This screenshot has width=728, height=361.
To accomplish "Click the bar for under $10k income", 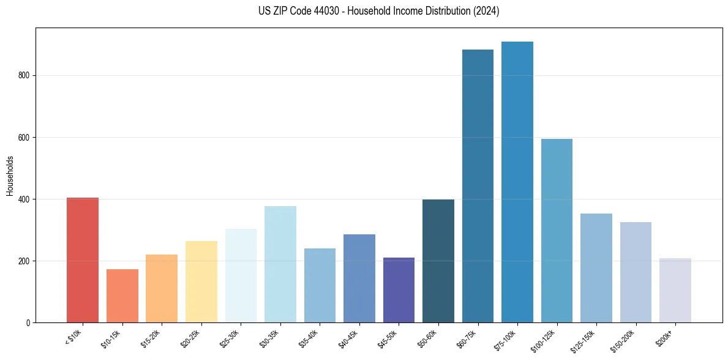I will pos(83,260).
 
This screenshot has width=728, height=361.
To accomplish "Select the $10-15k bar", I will pos(122,296).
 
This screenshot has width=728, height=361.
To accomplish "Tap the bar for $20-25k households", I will pos(201,281).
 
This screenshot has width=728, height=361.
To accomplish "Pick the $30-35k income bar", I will pos(280,264).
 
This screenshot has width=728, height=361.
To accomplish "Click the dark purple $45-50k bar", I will pos(399,290).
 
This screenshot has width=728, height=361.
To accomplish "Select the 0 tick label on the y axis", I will pos(29,322).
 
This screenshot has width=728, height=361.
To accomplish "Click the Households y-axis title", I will pos(10,176).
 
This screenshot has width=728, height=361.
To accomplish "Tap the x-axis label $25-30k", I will pos(230,338).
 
